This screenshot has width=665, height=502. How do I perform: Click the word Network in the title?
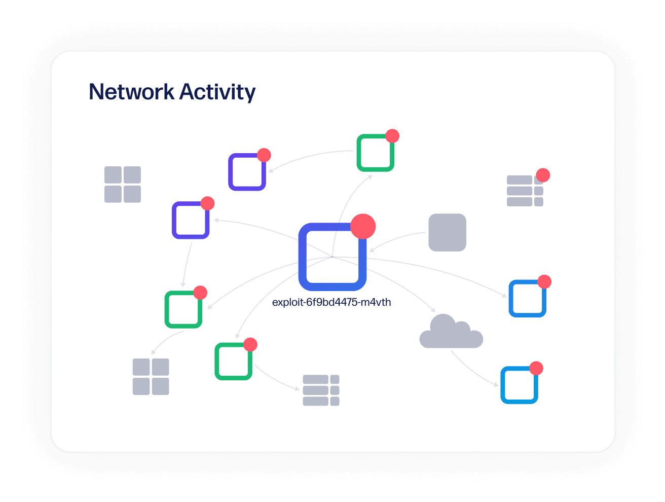pos(131,92)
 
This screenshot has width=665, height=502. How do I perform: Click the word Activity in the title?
pos(217,93)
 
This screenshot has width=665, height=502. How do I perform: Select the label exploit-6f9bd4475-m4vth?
pos(331,303)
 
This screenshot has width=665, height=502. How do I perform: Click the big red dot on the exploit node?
pos(363,226)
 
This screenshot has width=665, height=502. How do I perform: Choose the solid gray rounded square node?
pos(447,232)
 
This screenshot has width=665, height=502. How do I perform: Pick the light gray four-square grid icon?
pos(123,185)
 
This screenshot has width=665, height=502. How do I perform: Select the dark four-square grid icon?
pos(151,377)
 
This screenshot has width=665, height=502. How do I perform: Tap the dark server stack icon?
pos(321,390)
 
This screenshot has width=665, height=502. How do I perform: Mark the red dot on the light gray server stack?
pos(543,175)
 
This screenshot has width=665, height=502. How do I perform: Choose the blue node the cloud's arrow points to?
pos(519,385)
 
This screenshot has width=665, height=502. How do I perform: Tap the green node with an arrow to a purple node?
pos(376,153)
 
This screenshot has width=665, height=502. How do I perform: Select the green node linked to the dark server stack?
pos(233,362)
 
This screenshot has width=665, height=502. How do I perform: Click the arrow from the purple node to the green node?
pos(187,264)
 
